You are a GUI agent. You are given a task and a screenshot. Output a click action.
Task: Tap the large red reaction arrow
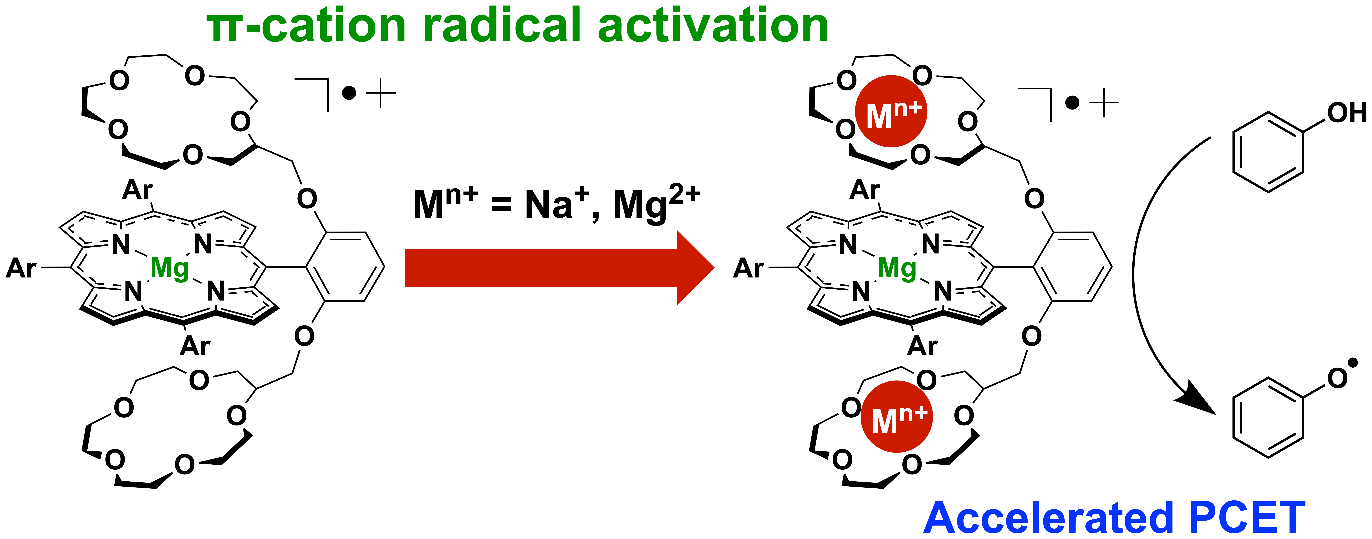(x=559, y=268)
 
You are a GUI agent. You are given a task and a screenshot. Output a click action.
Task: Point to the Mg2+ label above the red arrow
(x=656, y=204)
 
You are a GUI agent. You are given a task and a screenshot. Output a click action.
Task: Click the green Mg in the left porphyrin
(x=169, y=268)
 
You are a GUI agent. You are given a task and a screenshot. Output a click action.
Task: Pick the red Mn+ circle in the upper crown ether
(x=891, y=111)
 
